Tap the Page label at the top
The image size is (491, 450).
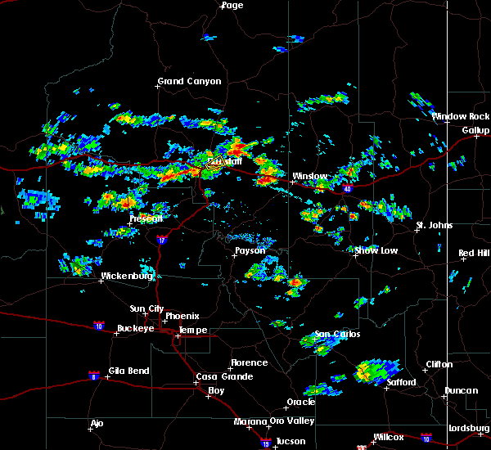232,5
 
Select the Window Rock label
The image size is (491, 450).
461,116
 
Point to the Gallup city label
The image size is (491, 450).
475,130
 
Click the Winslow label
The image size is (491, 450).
310,176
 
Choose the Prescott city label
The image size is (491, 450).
146,218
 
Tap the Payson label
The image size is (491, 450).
250,250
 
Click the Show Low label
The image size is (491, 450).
376,250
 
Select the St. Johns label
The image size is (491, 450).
434,225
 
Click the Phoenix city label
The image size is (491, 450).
182,316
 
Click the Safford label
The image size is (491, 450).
401,382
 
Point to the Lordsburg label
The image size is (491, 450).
468,429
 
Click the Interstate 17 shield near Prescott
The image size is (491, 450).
162,241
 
